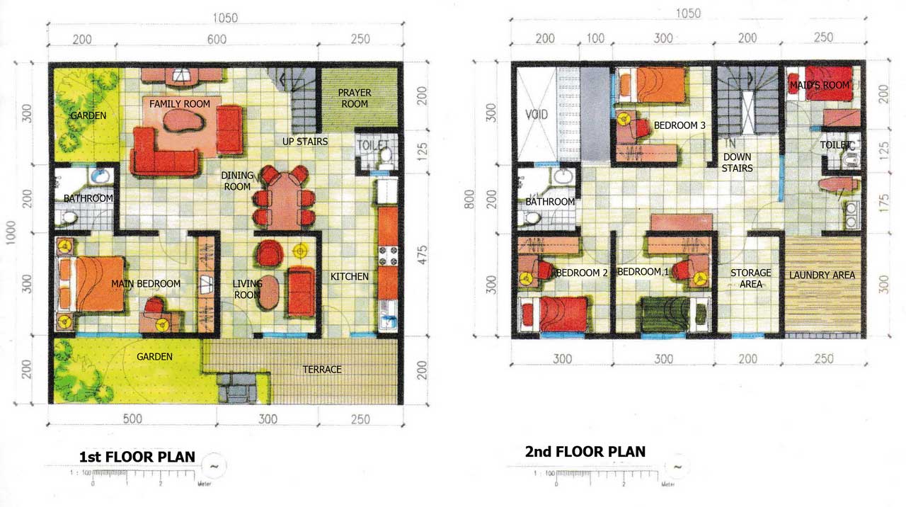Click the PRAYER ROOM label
pos(355,98)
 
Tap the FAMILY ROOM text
pos(180,104)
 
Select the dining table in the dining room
pos(285,200)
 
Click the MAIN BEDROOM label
pos(146,284)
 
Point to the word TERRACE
pos(322,370)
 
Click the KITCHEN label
pos(350,277)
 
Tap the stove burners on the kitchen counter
pos(388,256)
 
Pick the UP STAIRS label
pos(305,142)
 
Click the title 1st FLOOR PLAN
pos(137,457)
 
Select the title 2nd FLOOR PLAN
pos(585,452)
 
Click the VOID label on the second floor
pos(537,115)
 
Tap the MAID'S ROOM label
pos(820,86)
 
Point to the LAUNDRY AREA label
pos(822,275)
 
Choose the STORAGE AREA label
pos(751,278)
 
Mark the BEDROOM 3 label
pos(679,125)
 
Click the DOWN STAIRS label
pos(737,162)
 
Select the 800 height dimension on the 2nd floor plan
pos(469,199)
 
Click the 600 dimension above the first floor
pos(217,39)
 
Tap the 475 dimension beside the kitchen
pos(422,255)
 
